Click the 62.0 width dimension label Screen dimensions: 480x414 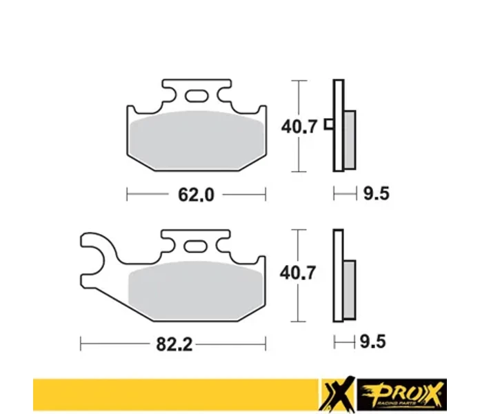[197, 195]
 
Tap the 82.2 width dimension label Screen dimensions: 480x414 [174, 344]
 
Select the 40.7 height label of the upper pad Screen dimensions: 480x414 [299, 126]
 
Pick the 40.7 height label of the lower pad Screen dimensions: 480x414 [297, 273]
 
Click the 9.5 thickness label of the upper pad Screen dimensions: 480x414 [377, 193]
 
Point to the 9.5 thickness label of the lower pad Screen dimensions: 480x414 [372, 342]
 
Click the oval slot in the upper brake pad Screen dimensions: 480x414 [197, 96]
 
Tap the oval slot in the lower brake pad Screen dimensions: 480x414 [195, 246]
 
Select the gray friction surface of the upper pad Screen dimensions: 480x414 [197, 140]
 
